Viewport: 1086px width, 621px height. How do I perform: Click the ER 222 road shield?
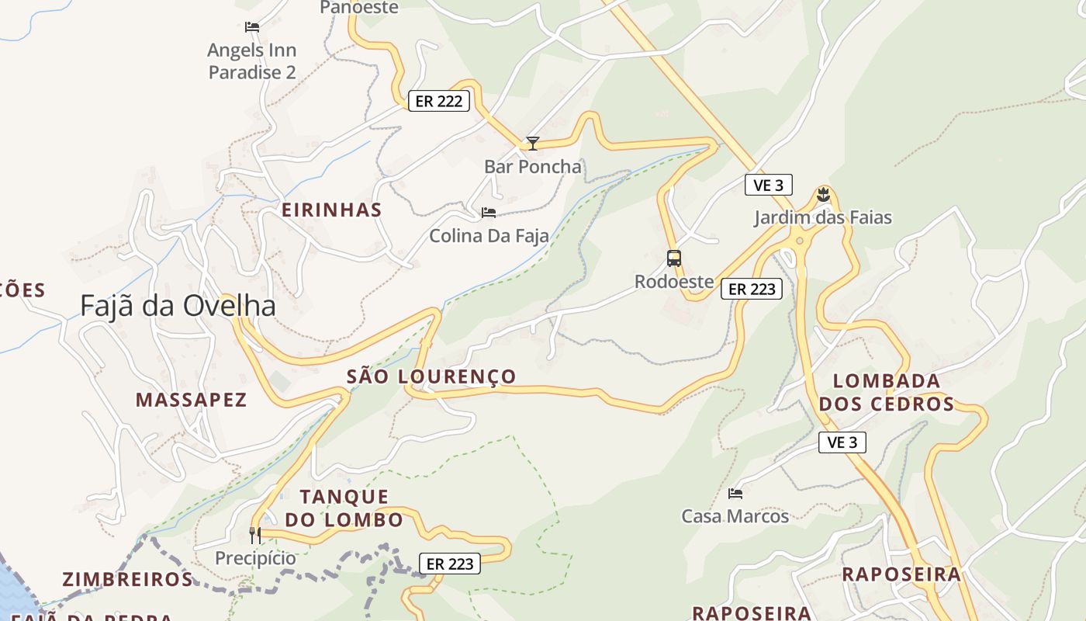(439, 101)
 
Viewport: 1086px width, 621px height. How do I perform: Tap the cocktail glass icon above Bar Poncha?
(532, 143)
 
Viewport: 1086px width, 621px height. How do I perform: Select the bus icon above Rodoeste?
(674, 258)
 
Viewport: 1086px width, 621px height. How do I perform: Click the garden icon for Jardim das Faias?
(823, 195)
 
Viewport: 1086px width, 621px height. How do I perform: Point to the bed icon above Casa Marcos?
(735, 493)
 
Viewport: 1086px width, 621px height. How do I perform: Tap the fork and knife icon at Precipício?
(255, 535)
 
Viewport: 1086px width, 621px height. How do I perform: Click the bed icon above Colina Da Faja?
(489, 212)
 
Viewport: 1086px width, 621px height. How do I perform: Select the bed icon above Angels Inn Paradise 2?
(251, 26)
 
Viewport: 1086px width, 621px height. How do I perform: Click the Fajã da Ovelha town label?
(178, 306)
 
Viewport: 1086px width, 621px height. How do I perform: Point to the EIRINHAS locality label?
(331, 210)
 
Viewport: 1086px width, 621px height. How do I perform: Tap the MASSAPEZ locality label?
(191, 400)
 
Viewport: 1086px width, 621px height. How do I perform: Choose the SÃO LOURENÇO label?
(431, 376)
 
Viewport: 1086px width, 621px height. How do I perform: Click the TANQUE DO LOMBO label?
(344, 508)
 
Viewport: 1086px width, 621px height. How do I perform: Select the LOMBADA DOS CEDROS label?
(887, 392)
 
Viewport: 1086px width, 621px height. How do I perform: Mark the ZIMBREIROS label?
(127, 579)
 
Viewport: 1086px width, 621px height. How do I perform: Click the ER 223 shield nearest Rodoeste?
(752, 289)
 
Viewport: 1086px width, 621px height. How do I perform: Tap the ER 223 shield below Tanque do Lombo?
(450, 564)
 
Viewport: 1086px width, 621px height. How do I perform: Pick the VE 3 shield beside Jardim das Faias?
(768, 185)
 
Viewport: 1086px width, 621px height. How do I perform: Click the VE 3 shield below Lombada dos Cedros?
(842, 442)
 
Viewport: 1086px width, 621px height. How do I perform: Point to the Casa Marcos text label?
(735, 516)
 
